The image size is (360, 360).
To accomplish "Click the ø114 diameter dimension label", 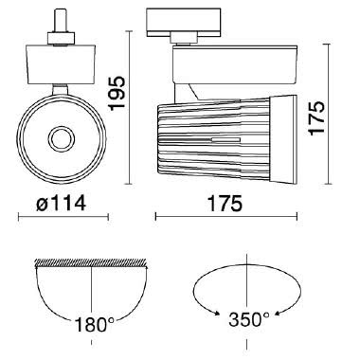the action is [61, 203].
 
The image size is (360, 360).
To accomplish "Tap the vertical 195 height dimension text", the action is [117, 93].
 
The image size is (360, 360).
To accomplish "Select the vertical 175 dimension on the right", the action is [316, 118].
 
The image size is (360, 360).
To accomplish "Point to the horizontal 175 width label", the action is [225, 204].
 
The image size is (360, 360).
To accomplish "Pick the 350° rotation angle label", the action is [249, 319].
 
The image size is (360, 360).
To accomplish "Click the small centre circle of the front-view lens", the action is [62, 138].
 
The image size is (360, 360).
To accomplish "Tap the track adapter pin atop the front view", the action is [60, 21].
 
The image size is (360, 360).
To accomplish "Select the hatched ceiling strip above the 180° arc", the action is [91, 262].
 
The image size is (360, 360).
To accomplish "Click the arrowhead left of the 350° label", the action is [217, 314].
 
